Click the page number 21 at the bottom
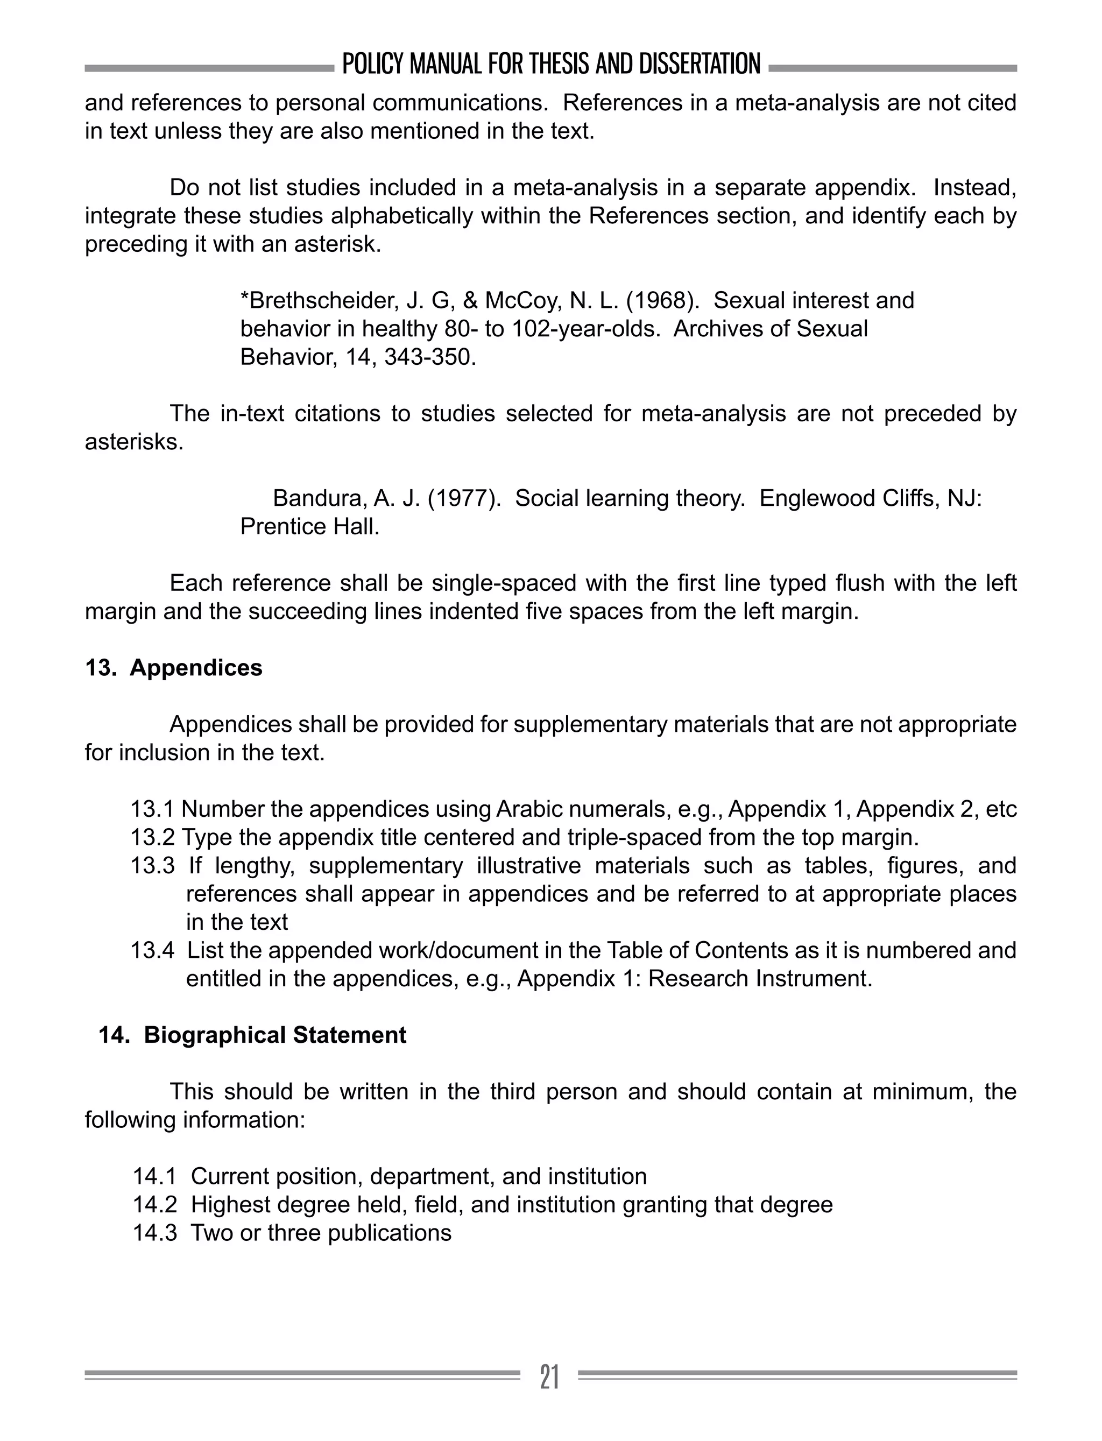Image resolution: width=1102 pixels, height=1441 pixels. (x=550, y=1377)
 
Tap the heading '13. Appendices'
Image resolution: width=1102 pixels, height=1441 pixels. (x=174, y=668)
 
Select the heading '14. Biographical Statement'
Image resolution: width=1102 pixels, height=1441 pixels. (x=252, y=1035)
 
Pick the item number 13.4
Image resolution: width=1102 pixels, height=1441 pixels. (x=152, y=950)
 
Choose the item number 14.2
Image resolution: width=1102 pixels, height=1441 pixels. (x=155, y=1205)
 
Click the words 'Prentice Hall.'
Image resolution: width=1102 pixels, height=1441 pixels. (x=309, y=527)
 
